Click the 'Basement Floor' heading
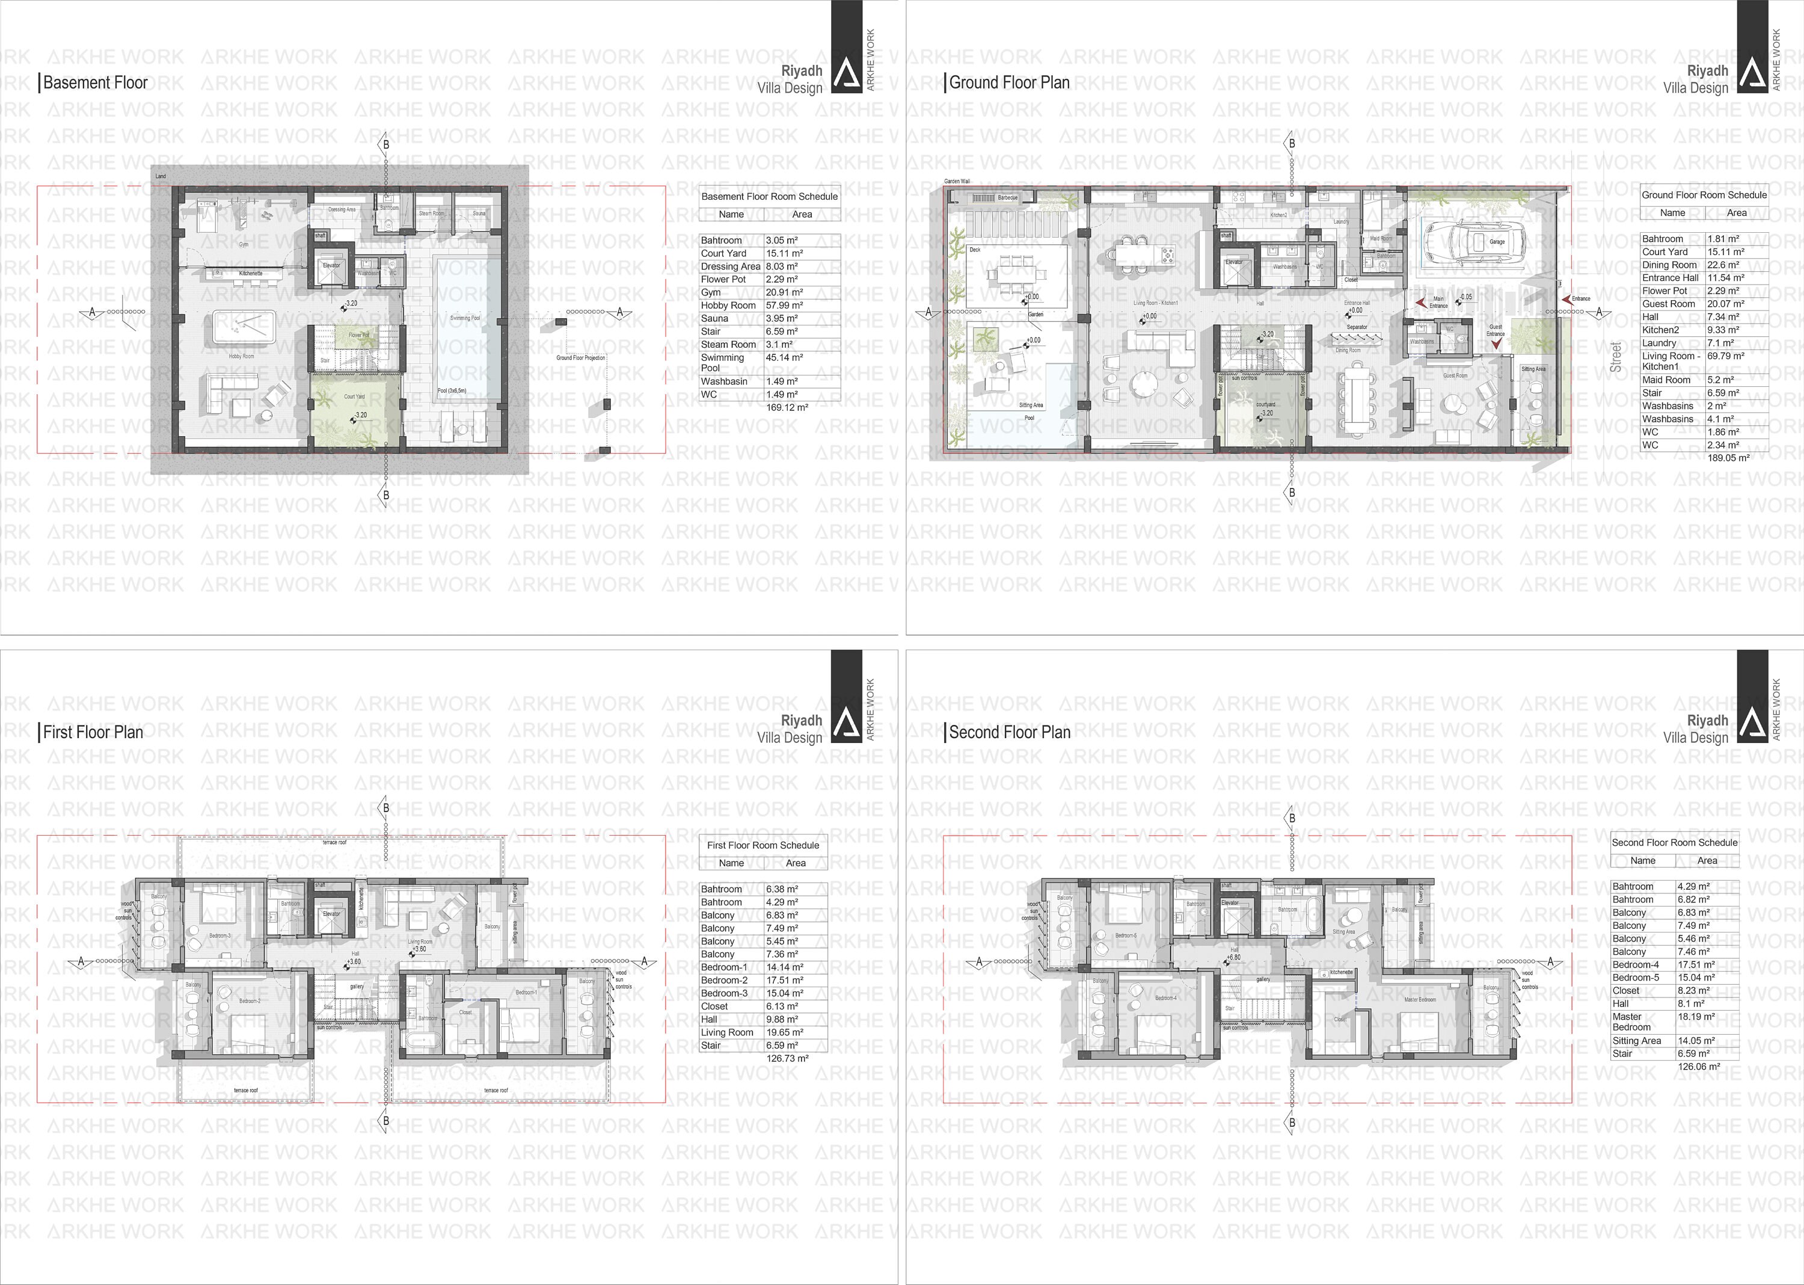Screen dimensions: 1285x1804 tap(95, 82)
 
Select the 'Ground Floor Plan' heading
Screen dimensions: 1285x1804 tap(1009, 82)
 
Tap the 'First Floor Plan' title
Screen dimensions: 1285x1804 tap(93, 732)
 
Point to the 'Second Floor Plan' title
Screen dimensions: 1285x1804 tap(1009, 732)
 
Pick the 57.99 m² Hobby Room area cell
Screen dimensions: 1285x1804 tap(785, 306)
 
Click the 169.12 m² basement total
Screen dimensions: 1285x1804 tap(787, 407)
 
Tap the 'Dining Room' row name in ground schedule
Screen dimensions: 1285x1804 tap(1669, 265)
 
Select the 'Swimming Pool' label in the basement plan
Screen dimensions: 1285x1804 tap(465, 318)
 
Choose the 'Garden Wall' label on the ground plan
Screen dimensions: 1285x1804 tap(957, 181)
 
